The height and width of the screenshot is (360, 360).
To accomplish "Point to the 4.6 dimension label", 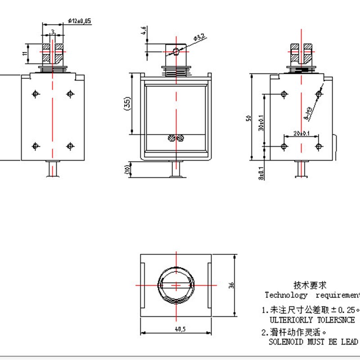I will point(144,31).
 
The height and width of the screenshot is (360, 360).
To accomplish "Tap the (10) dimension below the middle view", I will point(128,170).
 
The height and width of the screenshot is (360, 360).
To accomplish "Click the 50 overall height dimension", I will point(247,118).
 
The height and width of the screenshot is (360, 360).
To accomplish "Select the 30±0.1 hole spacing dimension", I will point(261,122).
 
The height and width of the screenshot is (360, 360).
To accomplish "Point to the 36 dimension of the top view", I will point(231,285).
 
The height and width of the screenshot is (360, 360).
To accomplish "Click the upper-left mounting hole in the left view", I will point(36,94).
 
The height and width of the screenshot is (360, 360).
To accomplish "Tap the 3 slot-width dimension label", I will point(53,31).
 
